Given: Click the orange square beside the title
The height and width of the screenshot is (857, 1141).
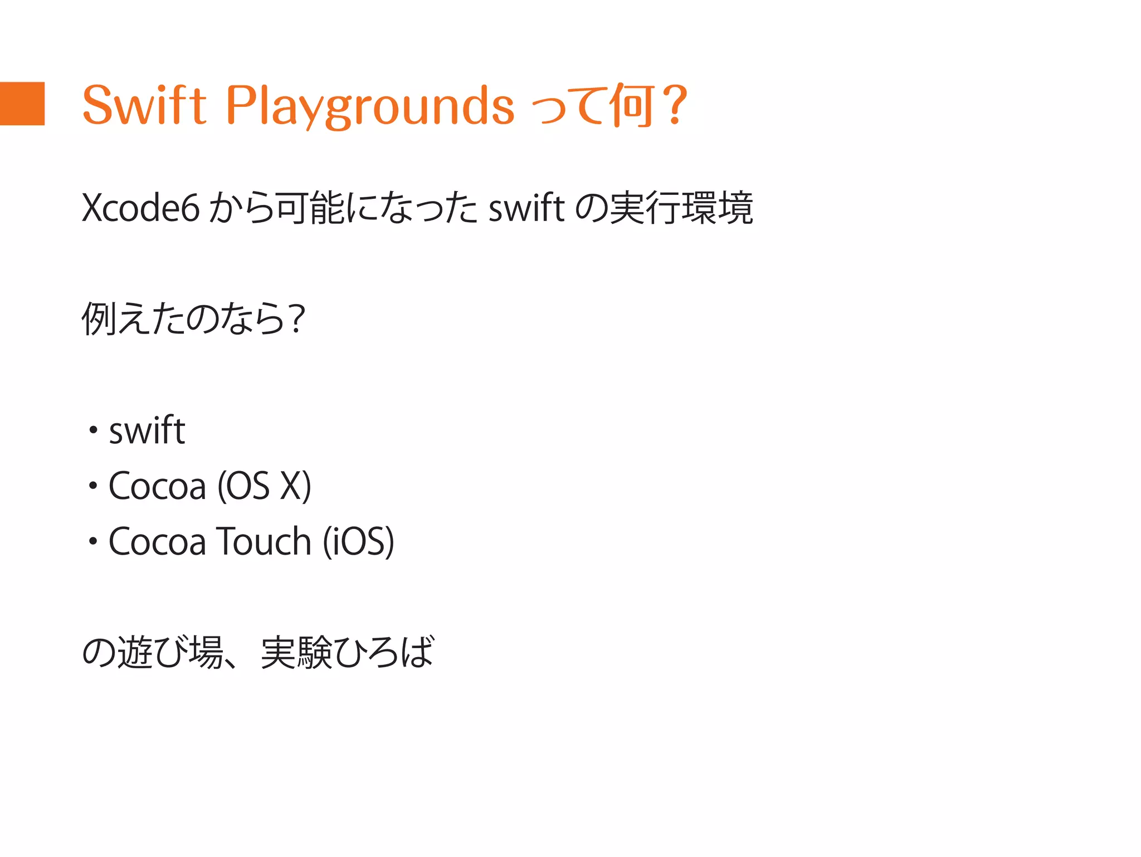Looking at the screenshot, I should tap(22, 104).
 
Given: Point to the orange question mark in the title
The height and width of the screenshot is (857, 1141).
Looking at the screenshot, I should tap(676, 105).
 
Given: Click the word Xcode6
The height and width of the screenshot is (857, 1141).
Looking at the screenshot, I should tap(140, 208).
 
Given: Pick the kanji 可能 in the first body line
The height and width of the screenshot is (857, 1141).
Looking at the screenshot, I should tap(310, 208).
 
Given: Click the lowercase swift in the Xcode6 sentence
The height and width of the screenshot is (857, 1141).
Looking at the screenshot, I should tap(526, 208).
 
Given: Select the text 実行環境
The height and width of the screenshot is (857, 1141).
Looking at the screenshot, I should tap(681, 208).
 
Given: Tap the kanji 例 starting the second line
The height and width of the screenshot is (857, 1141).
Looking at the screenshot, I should tap(99, 319).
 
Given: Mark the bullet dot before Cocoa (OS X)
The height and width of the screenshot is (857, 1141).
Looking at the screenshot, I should tap(93, 486).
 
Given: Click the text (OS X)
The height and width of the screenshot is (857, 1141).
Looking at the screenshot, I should tap(264, 486).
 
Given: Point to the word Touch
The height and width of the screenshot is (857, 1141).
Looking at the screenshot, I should tap(264, 541).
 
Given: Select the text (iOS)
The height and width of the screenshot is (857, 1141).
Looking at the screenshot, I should tap(359, 541).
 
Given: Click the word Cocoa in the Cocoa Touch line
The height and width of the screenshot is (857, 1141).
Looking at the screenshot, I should tap(157, 541).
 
